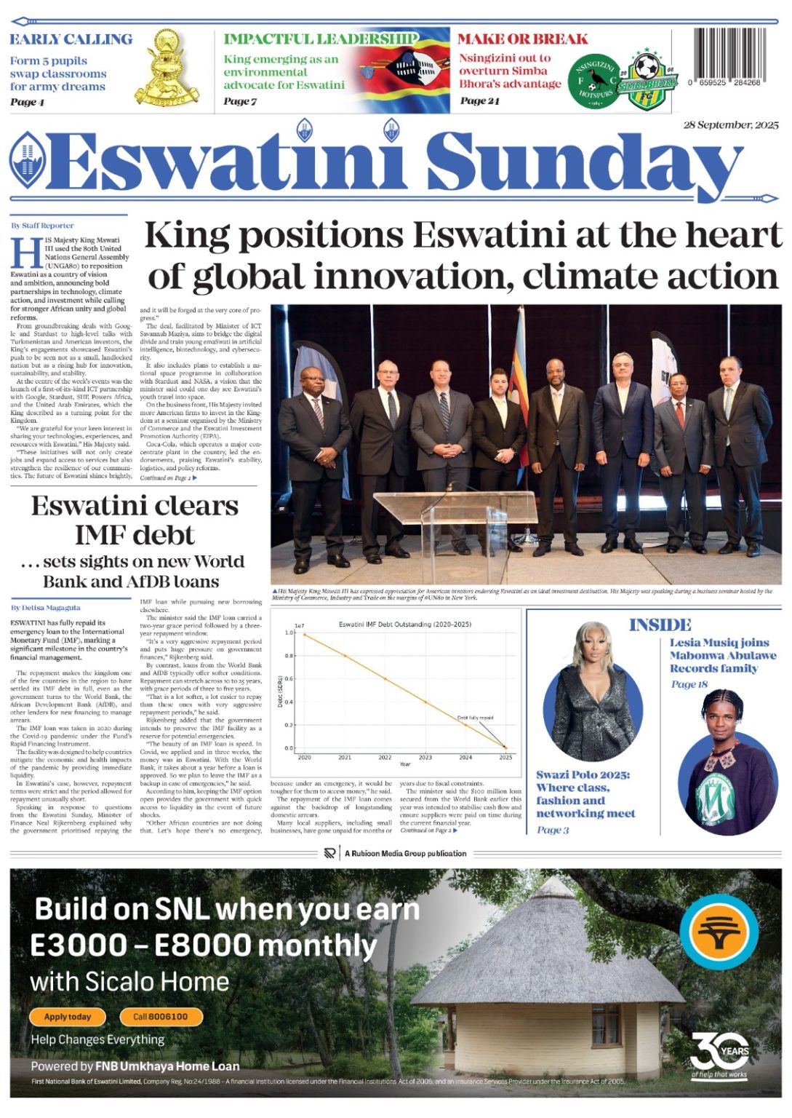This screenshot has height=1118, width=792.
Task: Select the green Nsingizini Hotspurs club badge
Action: tap(594, 81)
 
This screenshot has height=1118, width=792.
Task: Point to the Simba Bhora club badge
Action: tap(647, 80)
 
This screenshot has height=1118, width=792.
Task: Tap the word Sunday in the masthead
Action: tap(581, 163)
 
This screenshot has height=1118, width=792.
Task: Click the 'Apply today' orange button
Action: tap(68, 1017)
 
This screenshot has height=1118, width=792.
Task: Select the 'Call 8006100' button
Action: tap(160, 1017)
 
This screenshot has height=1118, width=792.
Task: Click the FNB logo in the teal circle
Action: tap(719, 932)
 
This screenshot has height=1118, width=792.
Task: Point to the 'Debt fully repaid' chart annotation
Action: tap(475, 718)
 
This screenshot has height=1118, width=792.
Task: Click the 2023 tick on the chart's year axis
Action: tap(425, 758)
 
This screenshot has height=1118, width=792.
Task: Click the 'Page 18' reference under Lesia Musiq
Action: tap(689, 684)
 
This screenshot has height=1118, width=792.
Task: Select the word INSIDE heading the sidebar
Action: tap(660, 625)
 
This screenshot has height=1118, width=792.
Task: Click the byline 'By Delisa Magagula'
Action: tap(45, 607)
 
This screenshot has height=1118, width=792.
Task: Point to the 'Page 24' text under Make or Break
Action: tap(479, 101)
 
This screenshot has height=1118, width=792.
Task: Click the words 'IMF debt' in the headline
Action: tap(135, 535)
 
